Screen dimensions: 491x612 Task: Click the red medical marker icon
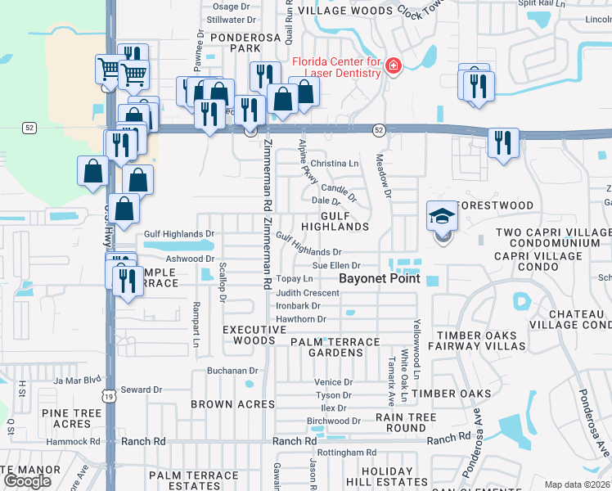point(393,66)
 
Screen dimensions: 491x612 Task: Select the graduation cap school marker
point(442,218)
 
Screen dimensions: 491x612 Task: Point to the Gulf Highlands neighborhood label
point(335,220)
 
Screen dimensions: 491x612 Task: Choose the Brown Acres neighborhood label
point(233,404)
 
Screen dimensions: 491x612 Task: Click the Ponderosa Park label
point(234,43)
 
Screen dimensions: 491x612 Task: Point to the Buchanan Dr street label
point(232,371)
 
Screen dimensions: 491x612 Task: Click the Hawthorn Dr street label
point(301,319)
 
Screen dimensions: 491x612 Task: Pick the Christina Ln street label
point(335,164)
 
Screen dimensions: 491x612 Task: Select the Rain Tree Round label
point(406,422)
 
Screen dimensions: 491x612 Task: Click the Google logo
point(28,481)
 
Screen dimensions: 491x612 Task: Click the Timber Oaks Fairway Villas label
point(476,341)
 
